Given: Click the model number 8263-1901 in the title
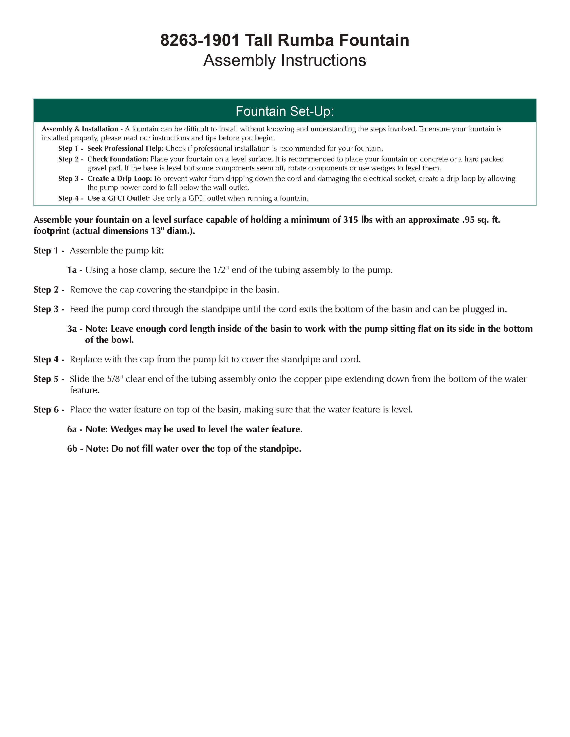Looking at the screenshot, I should point(200,40).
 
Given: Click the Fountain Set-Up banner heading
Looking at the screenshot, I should point(285,111).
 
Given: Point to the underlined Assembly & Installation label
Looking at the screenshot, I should point(80,129).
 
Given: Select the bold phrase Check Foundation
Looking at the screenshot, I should point(118,159).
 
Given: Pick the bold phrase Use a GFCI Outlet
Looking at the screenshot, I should point(118,198).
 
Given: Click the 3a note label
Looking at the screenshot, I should point(72,329).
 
